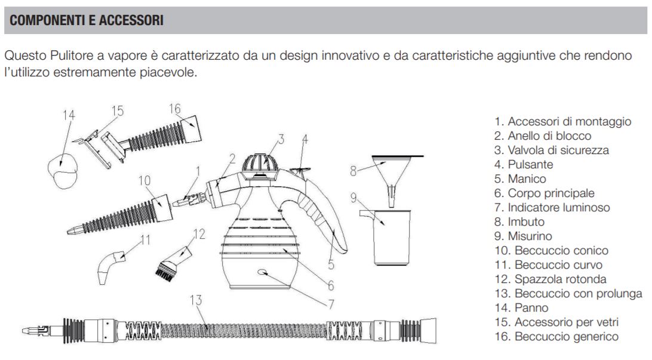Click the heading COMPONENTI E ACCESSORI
[87, 20]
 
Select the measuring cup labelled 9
[386, 237]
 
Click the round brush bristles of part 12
[164, 272]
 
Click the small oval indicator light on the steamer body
[263, 272]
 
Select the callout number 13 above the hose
[196, 300]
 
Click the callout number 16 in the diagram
[174, 109]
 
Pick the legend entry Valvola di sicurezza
[551, 150]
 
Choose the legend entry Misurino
[523, 236]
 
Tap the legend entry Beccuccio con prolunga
[568, 294]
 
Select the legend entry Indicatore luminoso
[552, 207]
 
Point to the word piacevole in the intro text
[168, 72]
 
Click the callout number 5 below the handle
[331, 264]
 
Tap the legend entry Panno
[521, 307]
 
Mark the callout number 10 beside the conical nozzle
[144, 180]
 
